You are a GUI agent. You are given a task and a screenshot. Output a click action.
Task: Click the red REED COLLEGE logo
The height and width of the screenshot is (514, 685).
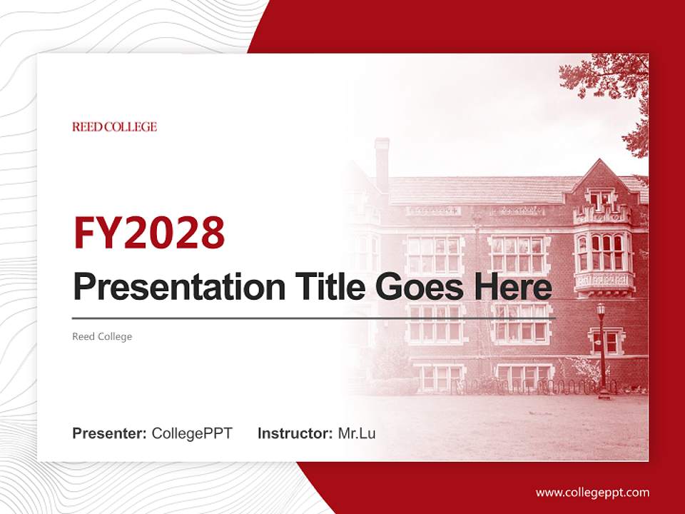(114, 127)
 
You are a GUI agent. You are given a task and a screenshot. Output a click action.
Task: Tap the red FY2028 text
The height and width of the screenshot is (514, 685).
(149, 232)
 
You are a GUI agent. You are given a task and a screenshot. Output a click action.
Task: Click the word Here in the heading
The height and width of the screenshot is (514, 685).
(513, 288)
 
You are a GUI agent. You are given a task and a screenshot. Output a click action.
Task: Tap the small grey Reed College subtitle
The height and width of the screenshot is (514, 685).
(102, 336)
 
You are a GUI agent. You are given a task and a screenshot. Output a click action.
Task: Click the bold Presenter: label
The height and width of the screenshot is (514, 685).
(110, 433)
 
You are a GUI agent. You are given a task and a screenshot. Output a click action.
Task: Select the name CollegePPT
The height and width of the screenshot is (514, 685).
(192, 433)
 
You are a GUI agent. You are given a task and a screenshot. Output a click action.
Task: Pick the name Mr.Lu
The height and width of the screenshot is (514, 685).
(357, 433)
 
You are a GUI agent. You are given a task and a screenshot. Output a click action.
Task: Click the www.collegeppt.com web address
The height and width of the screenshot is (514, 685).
(592, 493)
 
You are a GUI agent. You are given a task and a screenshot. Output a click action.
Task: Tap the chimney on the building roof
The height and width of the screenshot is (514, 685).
(382, 161)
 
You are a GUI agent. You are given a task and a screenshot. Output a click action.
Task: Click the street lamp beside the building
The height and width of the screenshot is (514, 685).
(602, 350)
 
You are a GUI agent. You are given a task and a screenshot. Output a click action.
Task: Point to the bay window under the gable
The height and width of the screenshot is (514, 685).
(603, 253)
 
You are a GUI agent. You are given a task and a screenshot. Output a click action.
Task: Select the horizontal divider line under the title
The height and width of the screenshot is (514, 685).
(314, 318)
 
